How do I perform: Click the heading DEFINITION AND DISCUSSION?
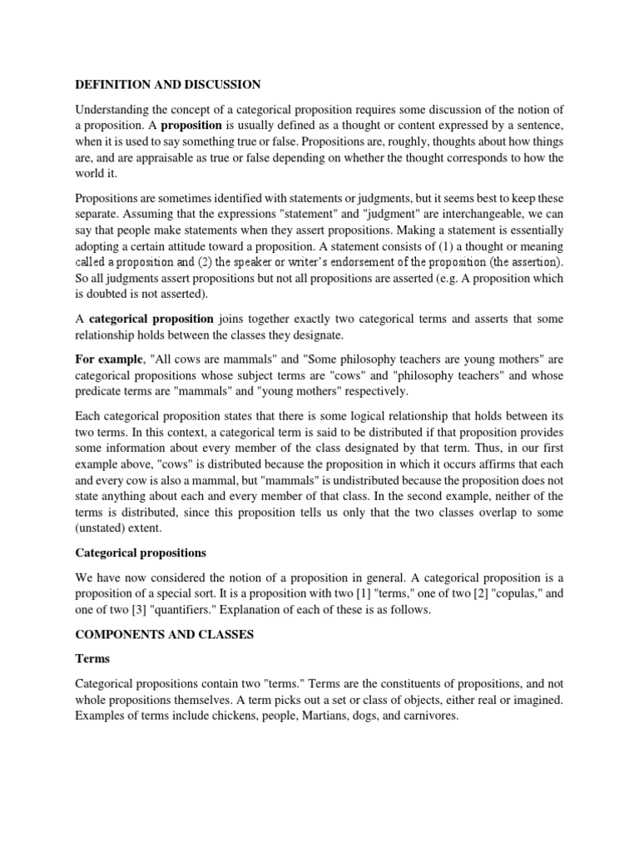168,84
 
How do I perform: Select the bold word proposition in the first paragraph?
191,125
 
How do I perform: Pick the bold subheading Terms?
93,657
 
